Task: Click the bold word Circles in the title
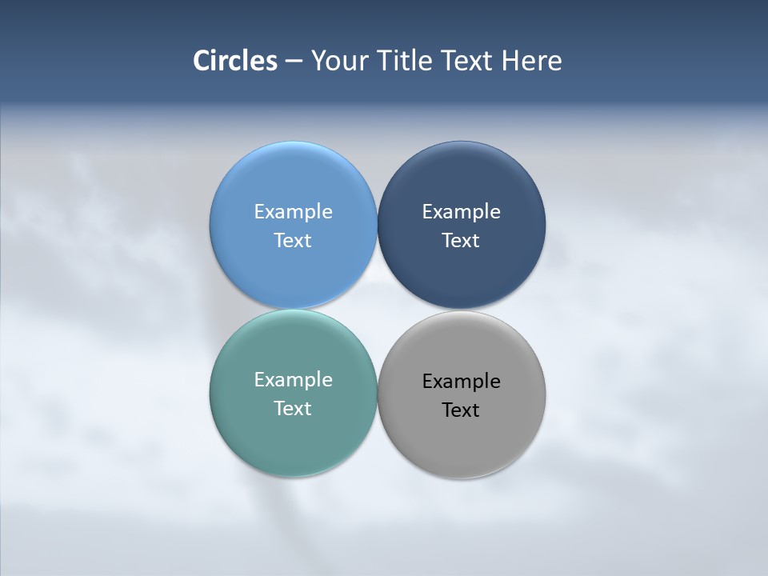235,61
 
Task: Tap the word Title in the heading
406,61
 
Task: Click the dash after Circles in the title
294,62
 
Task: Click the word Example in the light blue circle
293,212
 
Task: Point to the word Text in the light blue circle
293,241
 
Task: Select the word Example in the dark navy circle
461,212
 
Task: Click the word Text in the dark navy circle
461,241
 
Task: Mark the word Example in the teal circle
293,380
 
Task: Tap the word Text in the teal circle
293,409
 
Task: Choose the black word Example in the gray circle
461,382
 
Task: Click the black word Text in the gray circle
461,410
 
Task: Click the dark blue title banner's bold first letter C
201,61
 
